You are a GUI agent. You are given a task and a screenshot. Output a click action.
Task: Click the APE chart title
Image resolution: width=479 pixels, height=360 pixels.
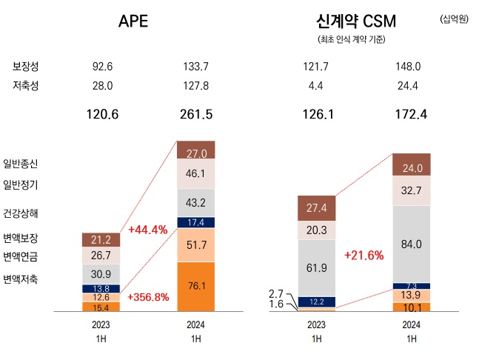(133, 21)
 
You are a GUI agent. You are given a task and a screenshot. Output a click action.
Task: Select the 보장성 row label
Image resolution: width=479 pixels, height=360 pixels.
(25, 67)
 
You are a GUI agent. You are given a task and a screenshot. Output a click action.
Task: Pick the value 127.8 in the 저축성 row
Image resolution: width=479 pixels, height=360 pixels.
(195, 86)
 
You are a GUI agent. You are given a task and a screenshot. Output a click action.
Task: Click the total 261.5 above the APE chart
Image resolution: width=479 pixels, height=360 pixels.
(195, 115)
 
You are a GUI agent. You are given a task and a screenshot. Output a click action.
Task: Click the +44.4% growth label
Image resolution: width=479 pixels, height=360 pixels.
(148, 230)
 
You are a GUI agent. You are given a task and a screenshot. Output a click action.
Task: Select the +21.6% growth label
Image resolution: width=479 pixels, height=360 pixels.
(364, 256)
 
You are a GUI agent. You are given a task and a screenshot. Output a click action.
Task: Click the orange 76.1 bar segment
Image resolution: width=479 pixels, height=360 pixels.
(195, 287)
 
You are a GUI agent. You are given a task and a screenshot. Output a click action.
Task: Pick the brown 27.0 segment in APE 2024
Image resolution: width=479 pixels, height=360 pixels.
(195, 153)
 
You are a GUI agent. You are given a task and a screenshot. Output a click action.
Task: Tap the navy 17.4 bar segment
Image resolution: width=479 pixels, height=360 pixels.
(195, 222)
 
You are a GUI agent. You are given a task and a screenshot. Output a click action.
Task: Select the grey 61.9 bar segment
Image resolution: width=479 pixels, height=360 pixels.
(316, 267)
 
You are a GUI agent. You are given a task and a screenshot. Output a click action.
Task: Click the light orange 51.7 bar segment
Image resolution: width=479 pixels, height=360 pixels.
(195, 244)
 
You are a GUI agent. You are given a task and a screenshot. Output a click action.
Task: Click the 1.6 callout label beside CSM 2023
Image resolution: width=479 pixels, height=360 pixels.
(278, 304)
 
